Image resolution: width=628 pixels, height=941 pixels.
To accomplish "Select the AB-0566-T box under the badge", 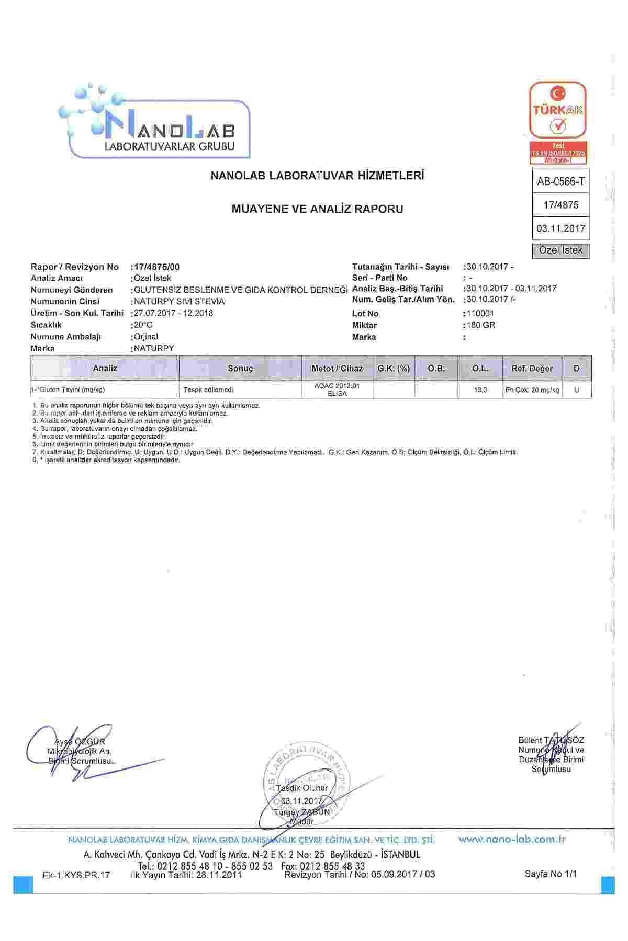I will pyautogui.click(x=560, y=181).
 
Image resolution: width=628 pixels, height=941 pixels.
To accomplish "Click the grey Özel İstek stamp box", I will pyautogui.click(x=560, y=250).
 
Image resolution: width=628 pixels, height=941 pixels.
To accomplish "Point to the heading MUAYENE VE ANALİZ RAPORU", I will pyautogui.click(x=317, y=209).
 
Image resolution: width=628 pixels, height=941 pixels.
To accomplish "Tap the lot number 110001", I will pyautogui.click(x=480, y=314).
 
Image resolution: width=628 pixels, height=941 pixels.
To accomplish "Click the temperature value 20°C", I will pyautogui.click(x=143, y=325).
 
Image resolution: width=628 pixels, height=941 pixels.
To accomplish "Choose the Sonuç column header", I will pyautogui.click(x=241, y=369).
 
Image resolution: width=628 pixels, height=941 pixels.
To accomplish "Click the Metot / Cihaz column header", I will pyautogui.click(x=337, y=369).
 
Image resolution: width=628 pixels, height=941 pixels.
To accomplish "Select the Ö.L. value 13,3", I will pyautogui.click(x=480, y=390).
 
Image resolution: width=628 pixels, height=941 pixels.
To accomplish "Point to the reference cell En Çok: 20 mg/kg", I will pyautogui.click(x=532, y=390).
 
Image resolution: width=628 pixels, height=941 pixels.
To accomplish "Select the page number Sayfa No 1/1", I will pyautogui.click(x=550, y=874).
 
